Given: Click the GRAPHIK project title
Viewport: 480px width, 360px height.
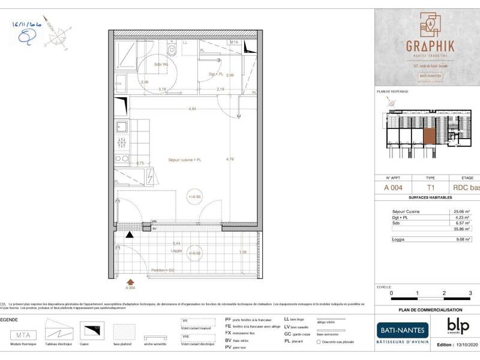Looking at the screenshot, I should (430, 46).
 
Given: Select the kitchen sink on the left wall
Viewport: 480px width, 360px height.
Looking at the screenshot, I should (121, 127).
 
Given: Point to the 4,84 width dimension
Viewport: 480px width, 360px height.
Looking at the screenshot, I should (192, 109).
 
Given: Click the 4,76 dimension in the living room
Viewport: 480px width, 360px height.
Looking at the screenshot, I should (229, 160).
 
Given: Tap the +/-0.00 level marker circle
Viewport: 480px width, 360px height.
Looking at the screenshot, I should (195, 196).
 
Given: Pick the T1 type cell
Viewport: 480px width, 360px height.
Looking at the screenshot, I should (430, 187).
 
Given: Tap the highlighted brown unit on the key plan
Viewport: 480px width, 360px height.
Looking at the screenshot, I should (430, 136).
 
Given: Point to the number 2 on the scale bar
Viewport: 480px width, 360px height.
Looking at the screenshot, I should (444, 293).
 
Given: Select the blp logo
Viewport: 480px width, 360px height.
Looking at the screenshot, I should (458, 325).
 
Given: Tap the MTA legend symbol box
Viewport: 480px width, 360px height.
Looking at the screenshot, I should (22, 334).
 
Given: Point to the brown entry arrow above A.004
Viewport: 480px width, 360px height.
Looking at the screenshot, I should (130, 280).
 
